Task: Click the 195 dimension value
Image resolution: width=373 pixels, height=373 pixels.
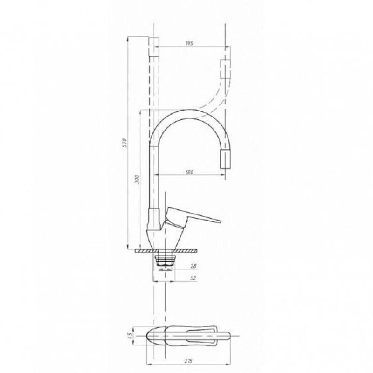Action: (189, 43)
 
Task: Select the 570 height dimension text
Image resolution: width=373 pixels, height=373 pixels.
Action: (125, 143)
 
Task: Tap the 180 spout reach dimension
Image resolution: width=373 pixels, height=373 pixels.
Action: (189, 172)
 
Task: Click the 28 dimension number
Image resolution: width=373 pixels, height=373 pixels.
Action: (194, 266)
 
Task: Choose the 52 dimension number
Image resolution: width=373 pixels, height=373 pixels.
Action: (194, 278)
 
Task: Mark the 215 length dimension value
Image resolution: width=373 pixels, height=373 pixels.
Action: (189, 361)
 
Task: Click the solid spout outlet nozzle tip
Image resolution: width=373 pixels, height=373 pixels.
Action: (225, 159)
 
